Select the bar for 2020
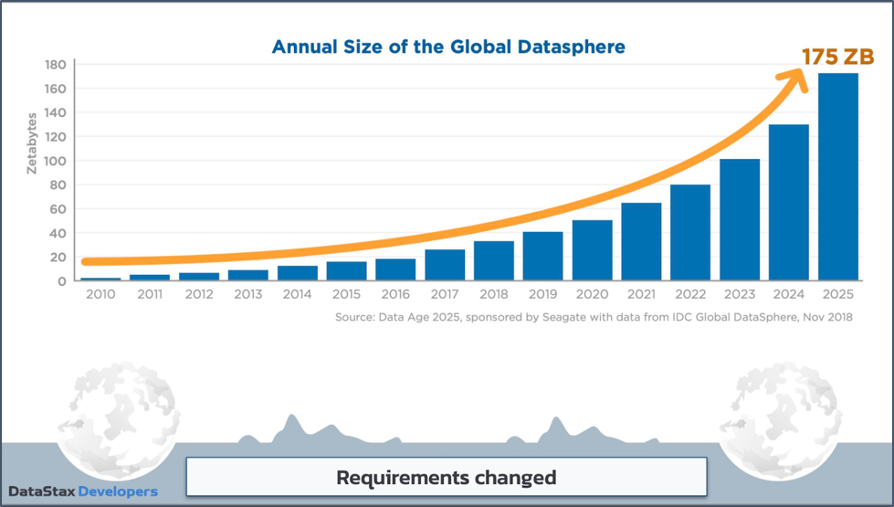(592, 250)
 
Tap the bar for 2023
(740, 219)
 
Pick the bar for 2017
(445, 265)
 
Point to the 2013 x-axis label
(247, 294)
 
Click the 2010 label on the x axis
(100, 294)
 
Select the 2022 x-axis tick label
(690, 294)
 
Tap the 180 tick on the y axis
(55, 65)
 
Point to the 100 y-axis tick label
(55, 161)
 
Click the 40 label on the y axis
(58, 233)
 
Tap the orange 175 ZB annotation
(837, 57)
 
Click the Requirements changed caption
(446, 477)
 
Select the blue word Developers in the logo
(118, 491)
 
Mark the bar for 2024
(788, 202)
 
